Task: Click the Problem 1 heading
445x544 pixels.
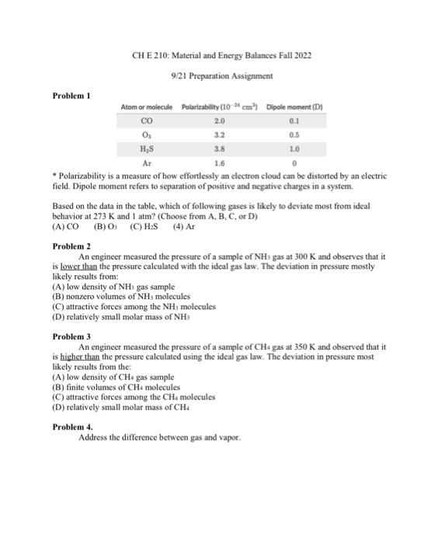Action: pyautogui.click(x=71, y=96)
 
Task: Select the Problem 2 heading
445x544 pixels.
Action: pyautogui.click(x=71, y=245)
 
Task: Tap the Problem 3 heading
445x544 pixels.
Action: pyautogui.click(x=71, y=337)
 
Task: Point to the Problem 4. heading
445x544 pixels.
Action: pyautogui.click(x=72, y=427)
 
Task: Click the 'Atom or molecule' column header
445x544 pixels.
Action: pyautogui.click(x=146, y=106)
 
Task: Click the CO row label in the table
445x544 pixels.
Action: pyautogui.click(x=146, y=120)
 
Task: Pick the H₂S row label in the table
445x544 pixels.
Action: pyautogui.click(x=146, y=148)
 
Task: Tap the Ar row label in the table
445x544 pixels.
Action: pyautogui.click(x=146, y=163)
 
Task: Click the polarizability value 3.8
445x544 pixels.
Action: pyautogui.click(x=219, y=148)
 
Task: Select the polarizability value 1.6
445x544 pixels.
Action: pyautogui.click(x=219, y=163)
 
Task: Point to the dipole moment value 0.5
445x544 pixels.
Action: pyautogui.click(x=294, y=134)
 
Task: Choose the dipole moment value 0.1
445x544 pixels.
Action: pyautogui.click(x=294, y=120)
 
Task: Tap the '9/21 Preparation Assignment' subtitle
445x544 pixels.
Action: pyautogui.click(x=222, y=75)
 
